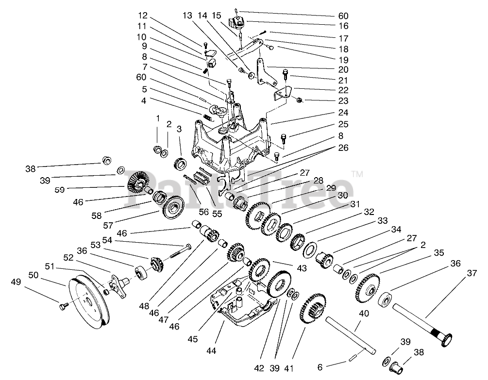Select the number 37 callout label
pos(472,273)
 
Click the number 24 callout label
pos(343,112)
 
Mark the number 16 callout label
pos(343,26)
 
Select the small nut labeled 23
pos(299,100)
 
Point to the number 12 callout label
pos(143,16)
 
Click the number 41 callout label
pos(289,368)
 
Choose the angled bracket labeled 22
pos(282,93)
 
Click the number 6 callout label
pos(320,367)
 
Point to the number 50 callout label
pos(34,275)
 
